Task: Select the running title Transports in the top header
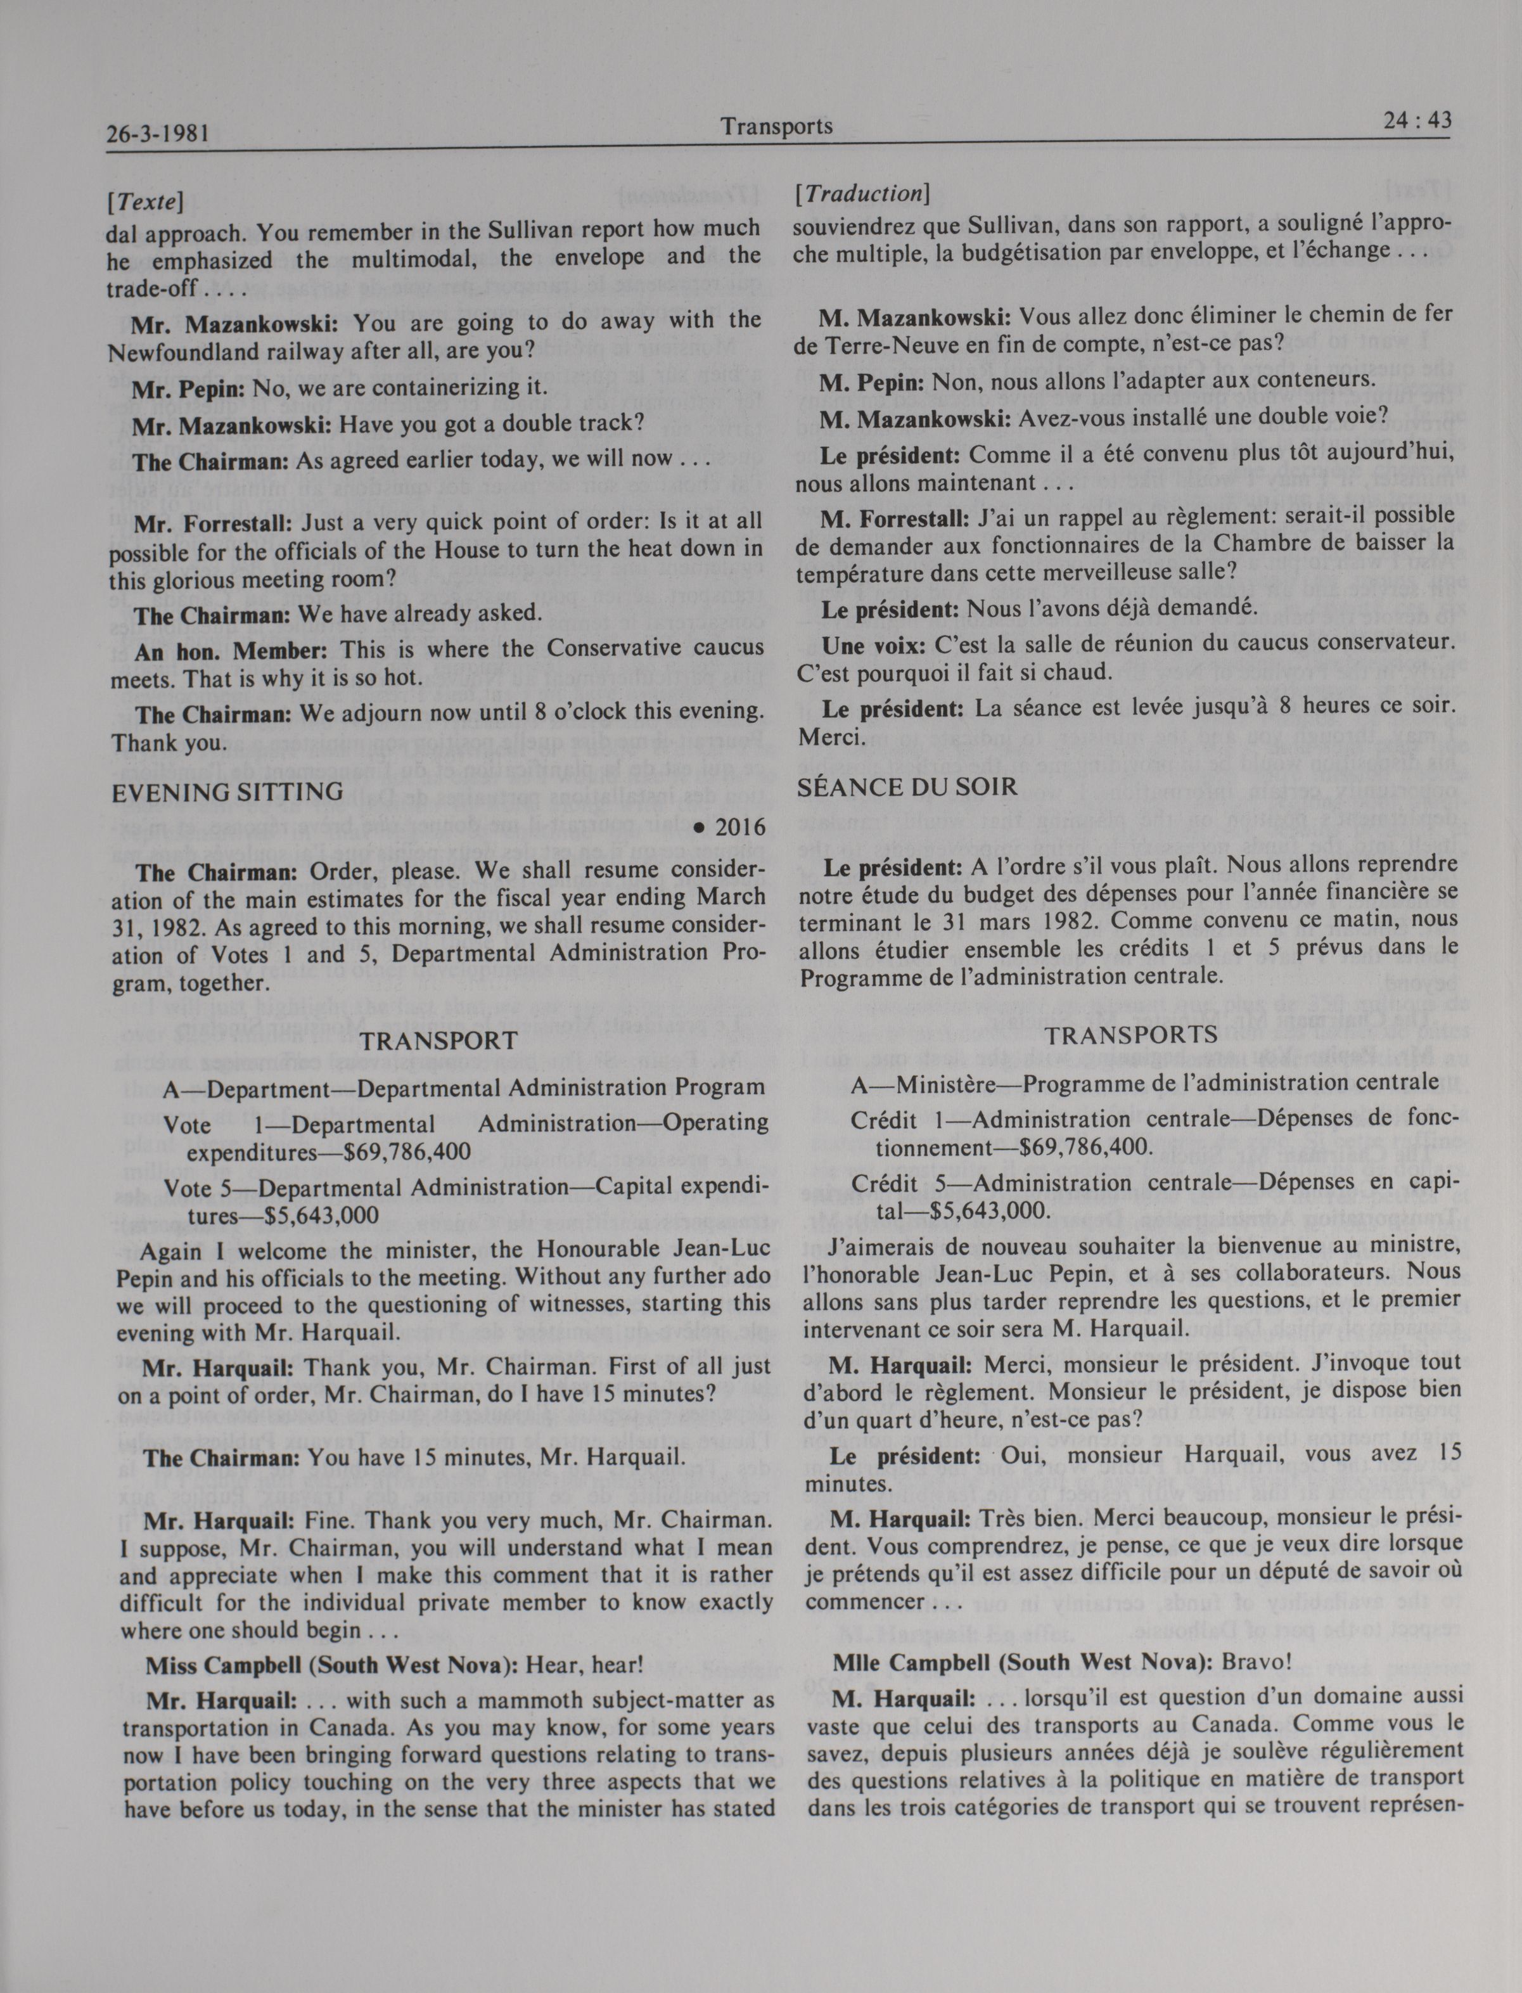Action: click(x=776, y=126)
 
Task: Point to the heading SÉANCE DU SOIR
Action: click(x=907, y=787)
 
